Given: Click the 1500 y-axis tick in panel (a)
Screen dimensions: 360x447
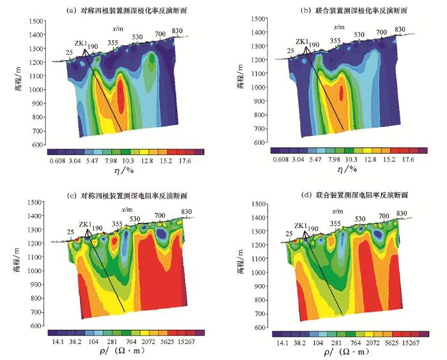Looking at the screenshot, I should (x=37, y=20).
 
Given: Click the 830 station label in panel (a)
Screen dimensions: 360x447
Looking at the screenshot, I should (x=178, y=31).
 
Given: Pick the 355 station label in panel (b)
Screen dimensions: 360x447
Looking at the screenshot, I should (x=335, y=41).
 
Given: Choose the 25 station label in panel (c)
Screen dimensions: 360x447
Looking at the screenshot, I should (x=70, y=232).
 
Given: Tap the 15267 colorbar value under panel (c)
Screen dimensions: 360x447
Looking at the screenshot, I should (x=182, y=341).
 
